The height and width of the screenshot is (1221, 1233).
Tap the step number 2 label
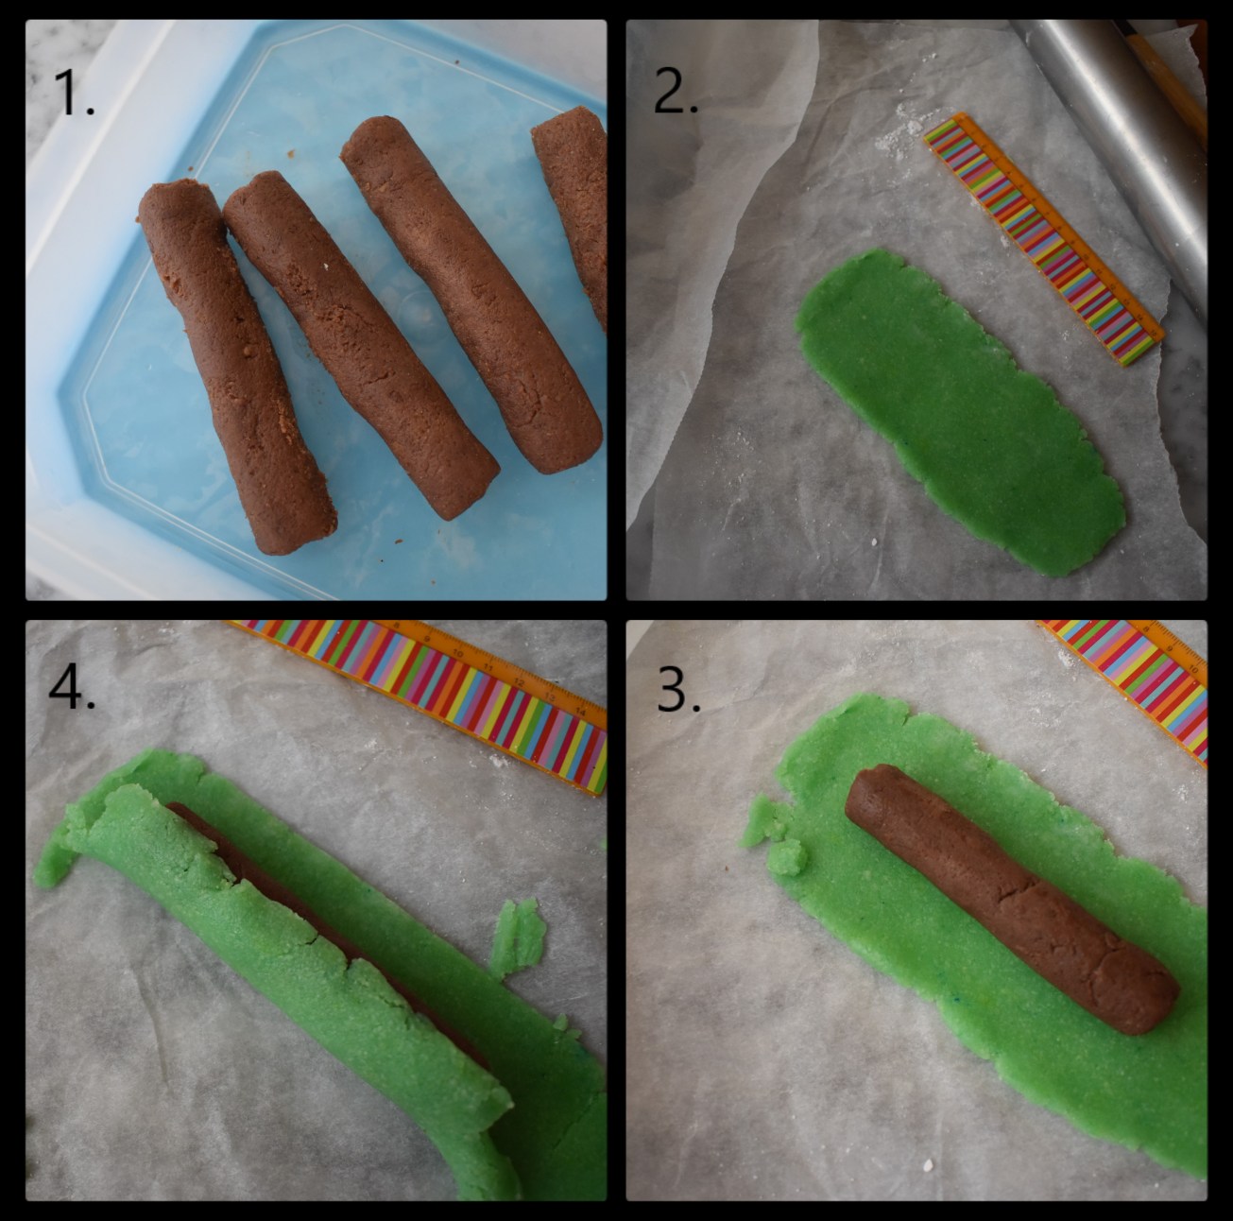[676, 93]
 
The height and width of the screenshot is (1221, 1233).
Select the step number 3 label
[678, 692]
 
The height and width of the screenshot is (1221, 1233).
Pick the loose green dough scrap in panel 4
[516, 936]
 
